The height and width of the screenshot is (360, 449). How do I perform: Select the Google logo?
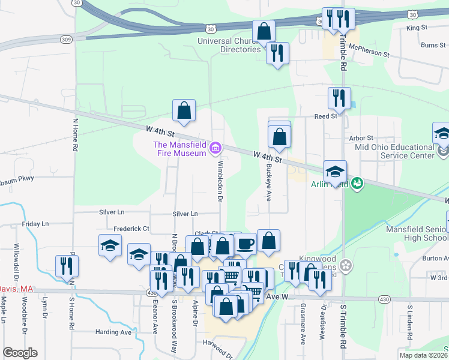click(x=20, y=353)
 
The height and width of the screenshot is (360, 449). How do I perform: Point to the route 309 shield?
click(x=66, y=39)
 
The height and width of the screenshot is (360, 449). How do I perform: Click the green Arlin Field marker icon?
click(x=357, y=182)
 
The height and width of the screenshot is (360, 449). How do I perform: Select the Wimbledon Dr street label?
click(x=220, y=181)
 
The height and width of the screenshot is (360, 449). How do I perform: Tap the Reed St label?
click(x=327, y=116)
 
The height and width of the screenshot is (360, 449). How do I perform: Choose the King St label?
click(x=416, y=28)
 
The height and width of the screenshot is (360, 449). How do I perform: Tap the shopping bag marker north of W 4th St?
click(x=184, y=110)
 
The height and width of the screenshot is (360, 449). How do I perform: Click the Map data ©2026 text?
click(x=423, y=355)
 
